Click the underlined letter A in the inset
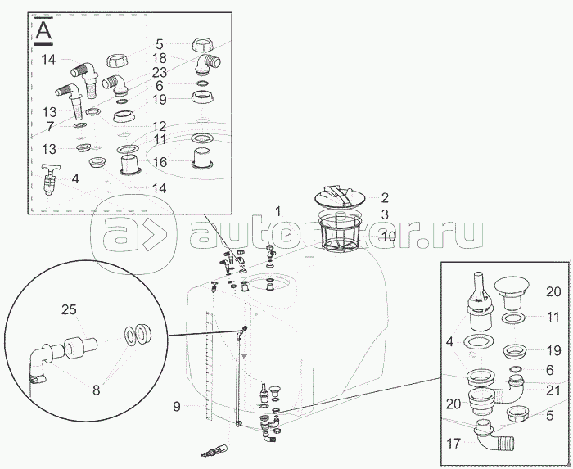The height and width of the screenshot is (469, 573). pos(43,31)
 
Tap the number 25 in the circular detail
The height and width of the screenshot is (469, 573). pos(69,309)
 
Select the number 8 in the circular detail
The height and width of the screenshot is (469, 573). pos(96,390)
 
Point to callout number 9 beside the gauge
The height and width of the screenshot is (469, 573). pos(177,406)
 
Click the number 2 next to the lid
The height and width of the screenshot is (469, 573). pos(385,197)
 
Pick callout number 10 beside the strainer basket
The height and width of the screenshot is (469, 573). pos(389,236)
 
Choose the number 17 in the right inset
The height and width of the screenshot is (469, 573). pos(453,444)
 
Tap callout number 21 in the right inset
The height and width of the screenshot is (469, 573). pos(553,390)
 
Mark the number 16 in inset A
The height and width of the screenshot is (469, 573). pos(160,162)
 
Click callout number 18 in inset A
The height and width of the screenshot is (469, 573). pos(160,58)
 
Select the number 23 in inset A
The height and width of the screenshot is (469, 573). pos(160,72)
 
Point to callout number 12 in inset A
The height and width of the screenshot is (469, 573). pos(160,126)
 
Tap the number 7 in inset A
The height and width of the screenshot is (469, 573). pos(50,126)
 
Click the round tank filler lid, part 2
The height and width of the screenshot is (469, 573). pos(341,196)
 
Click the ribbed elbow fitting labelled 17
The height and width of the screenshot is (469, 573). pos(494,436)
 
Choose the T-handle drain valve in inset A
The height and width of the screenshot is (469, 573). pos(49,179)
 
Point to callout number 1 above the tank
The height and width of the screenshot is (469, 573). pos(278,211)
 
